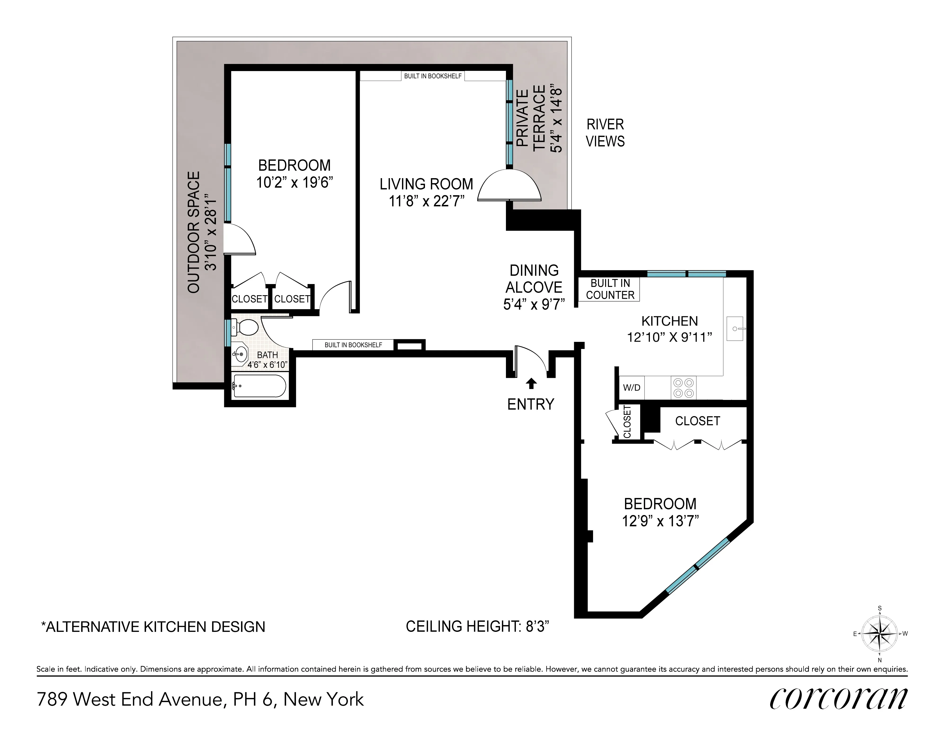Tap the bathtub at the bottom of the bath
259,386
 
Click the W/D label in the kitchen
631,388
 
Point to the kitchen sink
735,329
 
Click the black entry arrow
531,383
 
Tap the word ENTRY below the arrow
531,404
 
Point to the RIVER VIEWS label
605,133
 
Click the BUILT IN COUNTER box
610,289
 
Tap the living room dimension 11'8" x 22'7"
427,201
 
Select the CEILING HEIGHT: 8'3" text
477,626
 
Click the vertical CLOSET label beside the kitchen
627,422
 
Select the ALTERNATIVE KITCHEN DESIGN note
153,627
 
